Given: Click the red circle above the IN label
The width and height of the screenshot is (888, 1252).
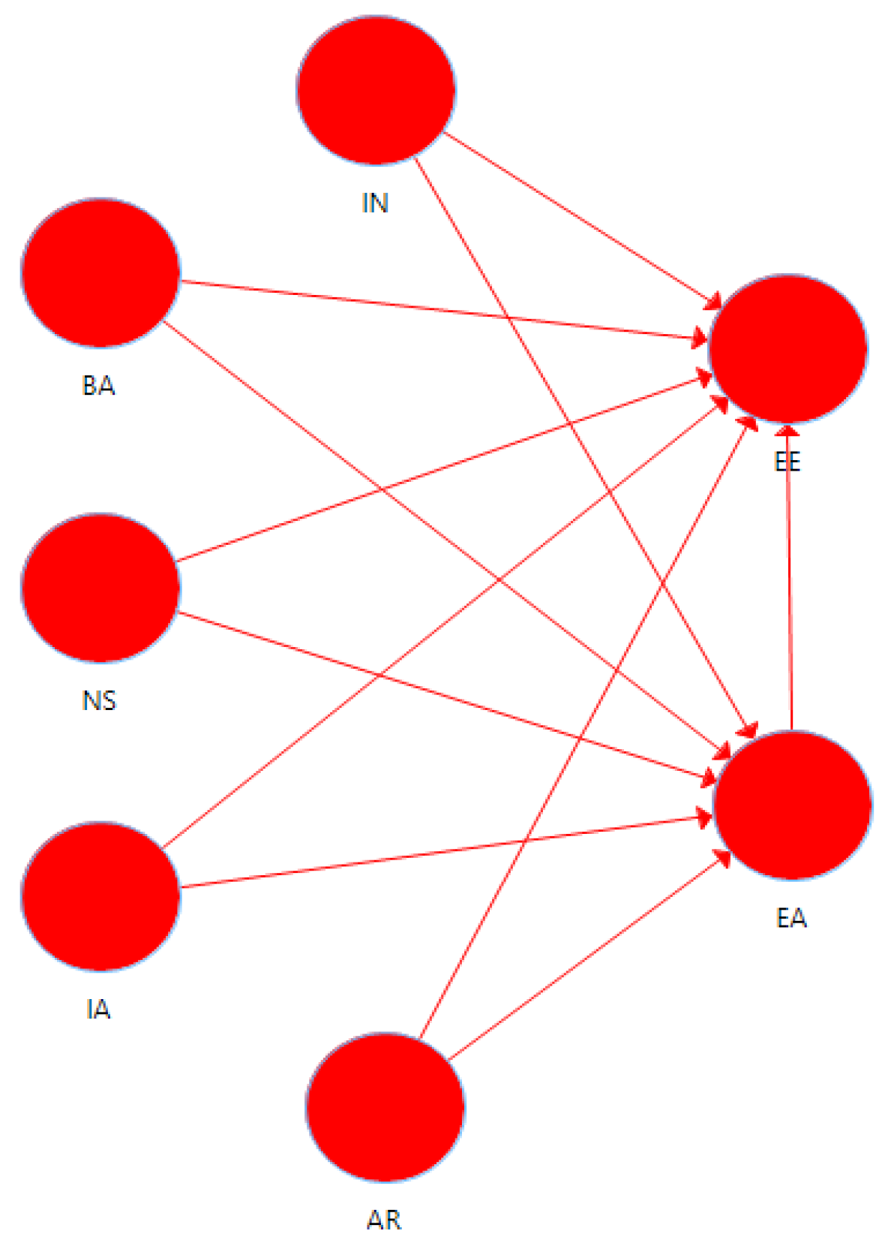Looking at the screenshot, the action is (x=376, y=90).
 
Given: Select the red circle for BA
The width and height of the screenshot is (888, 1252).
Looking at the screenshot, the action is (x=100, y=272).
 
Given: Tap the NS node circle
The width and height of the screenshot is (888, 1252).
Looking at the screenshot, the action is (x=100, y=588).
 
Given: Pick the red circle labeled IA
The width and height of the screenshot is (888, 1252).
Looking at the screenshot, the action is (x=100, y=895).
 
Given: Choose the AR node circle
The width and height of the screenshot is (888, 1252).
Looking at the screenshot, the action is (x=385, y=1107).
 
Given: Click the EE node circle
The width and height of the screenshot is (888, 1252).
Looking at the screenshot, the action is (x=787, y=348).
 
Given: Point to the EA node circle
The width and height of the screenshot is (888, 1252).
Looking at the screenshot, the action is (x=793, y=805).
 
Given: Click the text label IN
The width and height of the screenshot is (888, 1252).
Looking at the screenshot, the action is (x=375, y=203).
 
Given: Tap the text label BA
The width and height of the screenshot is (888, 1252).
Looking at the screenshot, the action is (x=98, y=386).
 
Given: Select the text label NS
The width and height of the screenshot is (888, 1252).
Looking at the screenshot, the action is (x=99, y=701).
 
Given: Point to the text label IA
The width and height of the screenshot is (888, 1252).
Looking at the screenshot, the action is (x=98, y=1010).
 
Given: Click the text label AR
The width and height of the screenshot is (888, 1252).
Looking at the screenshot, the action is (x=384, y=1220).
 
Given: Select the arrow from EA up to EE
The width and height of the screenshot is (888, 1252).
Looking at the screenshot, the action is (x=789, y=578).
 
